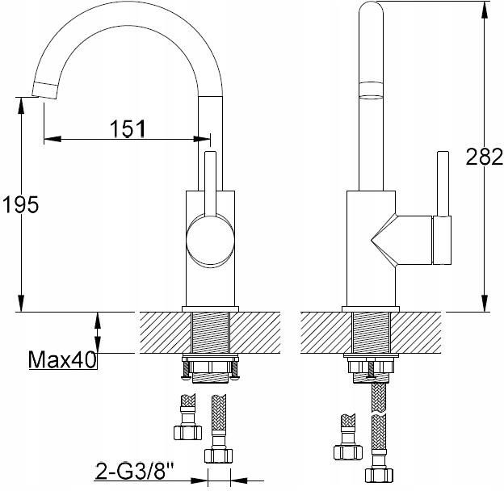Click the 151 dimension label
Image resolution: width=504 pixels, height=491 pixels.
tap(128, 128)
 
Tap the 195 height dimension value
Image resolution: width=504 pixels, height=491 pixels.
tap(20, 204)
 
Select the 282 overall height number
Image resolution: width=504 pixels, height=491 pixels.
tap(484, 157)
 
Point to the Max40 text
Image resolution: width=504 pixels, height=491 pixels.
tap(62, 359)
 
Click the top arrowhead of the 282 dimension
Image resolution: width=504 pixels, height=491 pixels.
tap(485, 10)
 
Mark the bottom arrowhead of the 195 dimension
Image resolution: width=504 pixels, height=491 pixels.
tap(21, 303)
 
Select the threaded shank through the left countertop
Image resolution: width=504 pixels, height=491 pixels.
tap(211, 333)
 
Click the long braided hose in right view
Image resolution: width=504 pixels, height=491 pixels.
tap(380, 426)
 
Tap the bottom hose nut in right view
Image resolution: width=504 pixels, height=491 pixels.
tap(380, 476)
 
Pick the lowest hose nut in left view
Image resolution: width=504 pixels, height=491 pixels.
tap(219, 455)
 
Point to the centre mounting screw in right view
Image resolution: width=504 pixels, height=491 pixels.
tap(372, 369)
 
